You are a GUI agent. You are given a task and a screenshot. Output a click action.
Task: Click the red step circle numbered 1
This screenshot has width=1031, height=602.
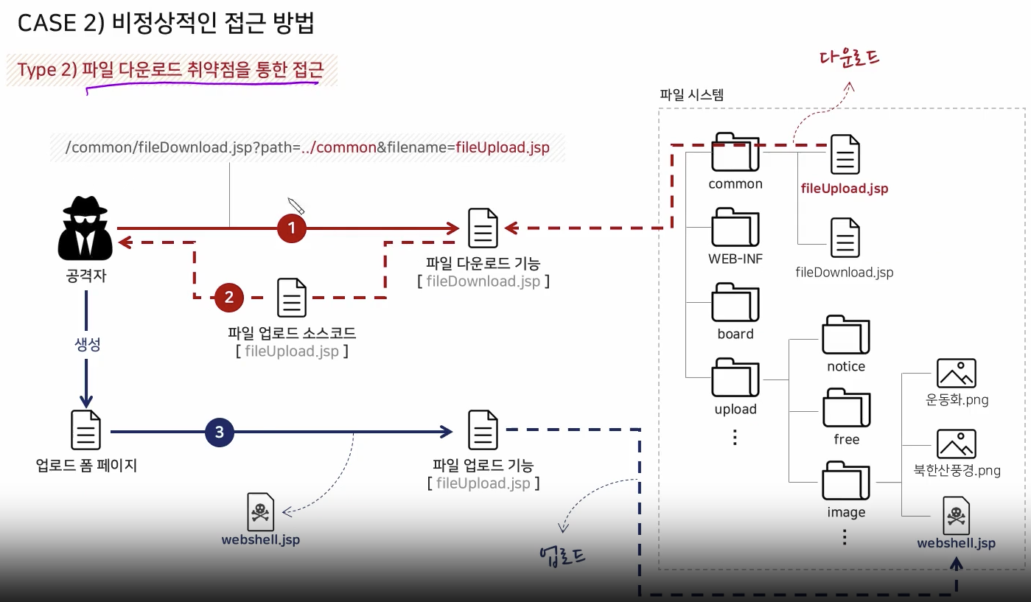coord(292,228)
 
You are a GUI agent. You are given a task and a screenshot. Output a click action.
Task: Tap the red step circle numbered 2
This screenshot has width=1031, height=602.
coord(229,297)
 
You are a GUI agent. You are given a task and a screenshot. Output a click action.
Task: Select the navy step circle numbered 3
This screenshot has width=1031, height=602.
coord(219,433)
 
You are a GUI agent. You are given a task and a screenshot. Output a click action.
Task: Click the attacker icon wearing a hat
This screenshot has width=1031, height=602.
coord(85,228)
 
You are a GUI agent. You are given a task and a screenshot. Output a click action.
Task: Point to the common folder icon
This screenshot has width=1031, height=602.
coord(735,153)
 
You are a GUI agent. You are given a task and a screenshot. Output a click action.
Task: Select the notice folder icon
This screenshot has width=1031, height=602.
coord(845,335)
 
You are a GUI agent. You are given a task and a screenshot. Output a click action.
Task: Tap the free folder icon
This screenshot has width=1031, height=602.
coord(845,407)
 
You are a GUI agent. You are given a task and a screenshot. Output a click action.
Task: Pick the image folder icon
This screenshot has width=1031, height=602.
coord(845,480)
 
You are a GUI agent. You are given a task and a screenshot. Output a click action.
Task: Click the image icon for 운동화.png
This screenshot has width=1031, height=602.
coord(956,374)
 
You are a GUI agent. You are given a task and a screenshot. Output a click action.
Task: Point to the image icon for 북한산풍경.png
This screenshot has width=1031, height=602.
coord(956,444)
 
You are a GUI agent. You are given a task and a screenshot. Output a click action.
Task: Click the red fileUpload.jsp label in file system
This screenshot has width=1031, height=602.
coord(845,189)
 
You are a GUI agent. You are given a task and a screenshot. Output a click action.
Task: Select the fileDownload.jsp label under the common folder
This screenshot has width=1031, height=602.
coord(845,273)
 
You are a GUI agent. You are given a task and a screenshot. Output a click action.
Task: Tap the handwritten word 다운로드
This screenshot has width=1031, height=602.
coord(849,59)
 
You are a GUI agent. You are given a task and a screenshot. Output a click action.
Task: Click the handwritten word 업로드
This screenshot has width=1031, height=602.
coord(562,554)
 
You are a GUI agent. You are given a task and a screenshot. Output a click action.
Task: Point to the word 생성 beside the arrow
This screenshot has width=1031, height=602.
coord(87,345)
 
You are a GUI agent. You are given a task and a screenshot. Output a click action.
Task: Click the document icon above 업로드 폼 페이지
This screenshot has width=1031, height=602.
coord(85,430)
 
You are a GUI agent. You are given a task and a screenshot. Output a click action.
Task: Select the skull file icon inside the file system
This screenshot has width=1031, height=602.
coord(956,516)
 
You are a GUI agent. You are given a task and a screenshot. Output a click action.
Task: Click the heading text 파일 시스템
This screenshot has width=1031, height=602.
coord(692,95)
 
